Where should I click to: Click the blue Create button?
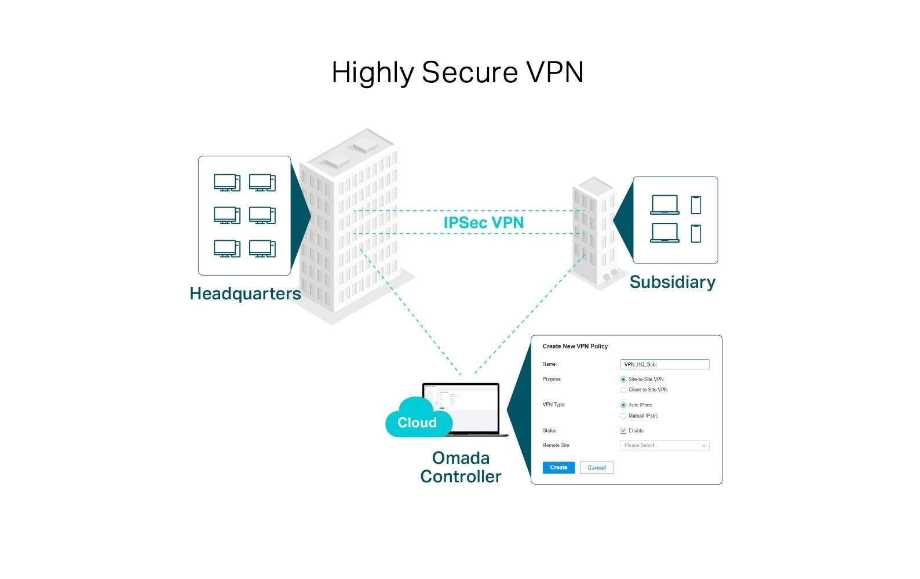[558, 467]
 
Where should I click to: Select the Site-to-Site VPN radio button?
[623, 379]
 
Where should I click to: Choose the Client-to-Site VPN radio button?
[623, 390]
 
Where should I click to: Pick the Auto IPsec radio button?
[623, 405]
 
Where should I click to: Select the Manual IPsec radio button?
[623, 416]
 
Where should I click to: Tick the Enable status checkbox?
[623, 431]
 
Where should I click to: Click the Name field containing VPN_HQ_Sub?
[665, 364]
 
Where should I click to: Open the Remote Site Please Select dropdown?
[665, 445]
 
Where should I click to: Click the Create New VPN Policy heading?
[575, 346]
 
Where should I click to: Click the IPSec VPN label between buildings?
[483, 222]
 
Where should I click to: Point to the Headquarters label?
[245, 294]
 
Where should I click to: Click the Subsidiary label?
[672, 282]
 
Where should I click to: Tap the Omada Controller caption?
[461, 467]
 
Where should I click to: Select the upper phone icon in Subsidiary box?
[696, 205]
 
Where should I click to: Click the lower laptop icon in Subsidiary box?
[665, 233]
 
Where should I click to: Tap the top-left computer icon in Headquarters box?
[227, 182]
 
